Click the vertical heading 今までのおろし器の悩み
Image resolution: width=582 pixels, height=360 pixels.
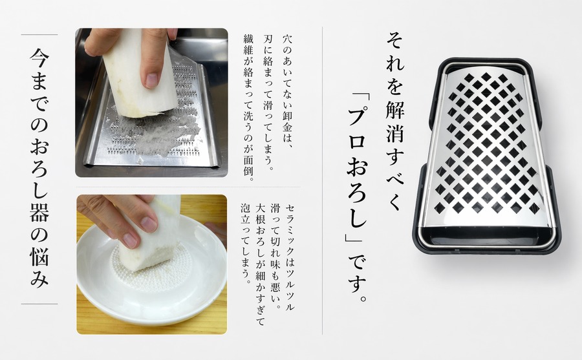pyautogui.click(x=39, y=168)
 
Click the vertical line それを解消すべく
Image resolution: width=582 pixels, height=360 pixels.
pyautogui.click(x=395, y=122)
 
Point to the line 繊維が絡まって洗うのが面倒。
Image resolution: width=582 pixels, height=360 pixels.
pyautogui.click(x=248, y=107)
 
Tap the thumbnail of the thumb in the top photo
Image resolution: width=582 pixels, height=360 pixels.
pyautogui.click(x=152, y=81)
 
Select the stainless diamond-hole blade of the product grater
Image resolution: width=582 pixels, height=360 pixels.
pyautogui.click(x=486, y=147)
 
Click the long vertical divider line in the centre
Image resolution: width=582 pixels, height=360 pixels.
pyautogui.click(x=322, y=180)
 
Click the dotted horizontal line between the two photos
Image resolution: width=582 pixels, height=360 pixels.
pyautogui.click(x=189, y=187)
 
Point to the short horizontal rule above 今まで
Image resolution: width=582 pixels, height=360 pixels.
pyautogui.click(x=39, y=34)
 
